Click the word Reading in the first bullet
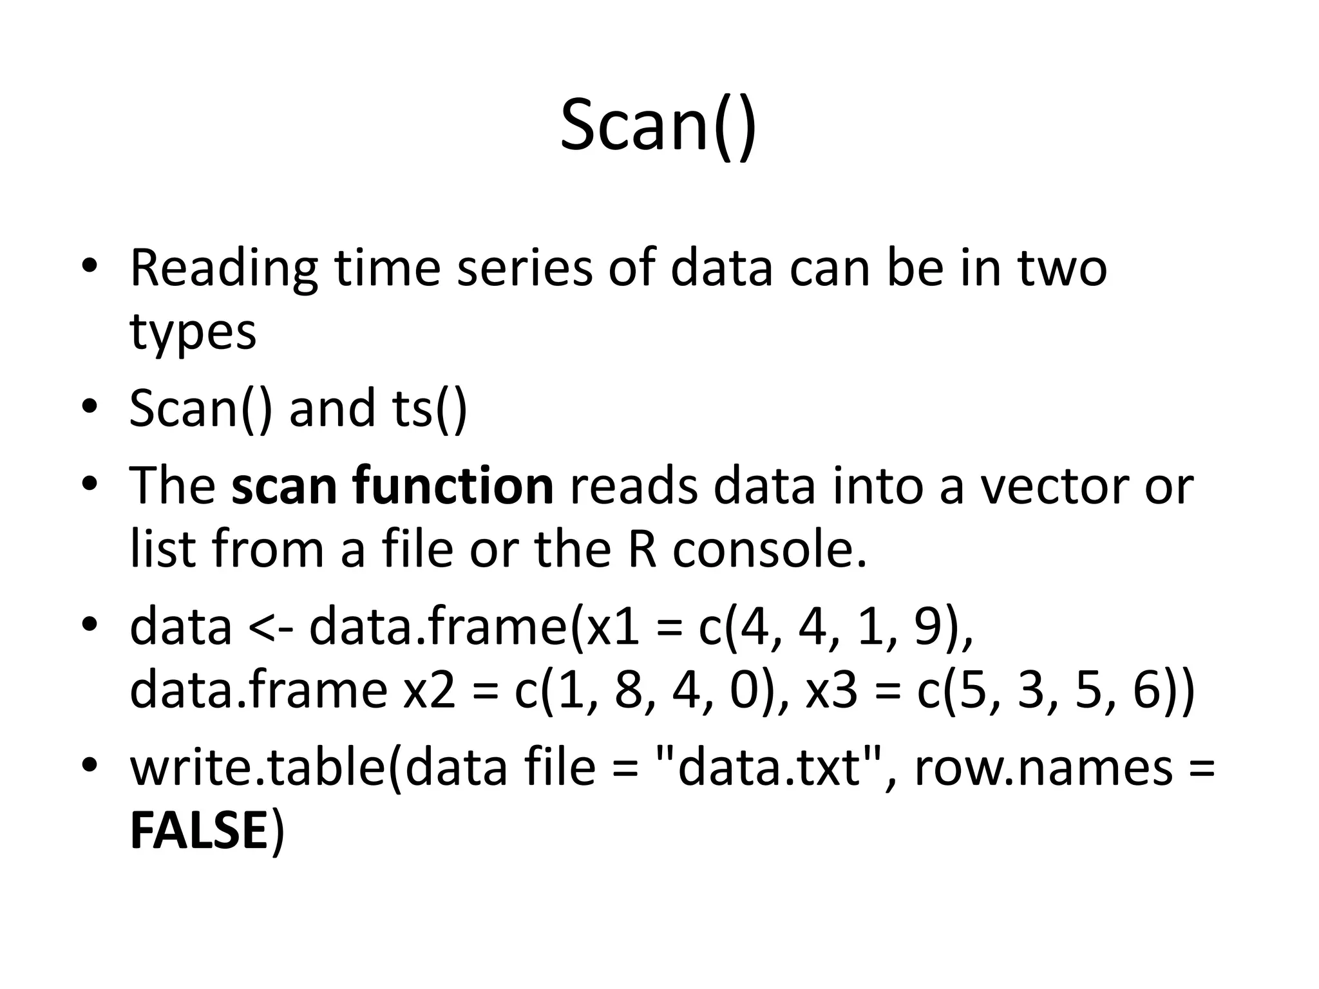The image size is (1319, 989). (x=223, y=268)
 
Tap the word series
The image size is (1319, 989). (x=524, y=268)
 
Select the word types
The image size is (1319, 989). (x=193, y=332)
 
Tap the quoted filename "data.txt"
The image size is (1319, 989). (x=770, y=768)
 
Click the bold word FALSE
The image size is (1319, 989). (x=198, y=831)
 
